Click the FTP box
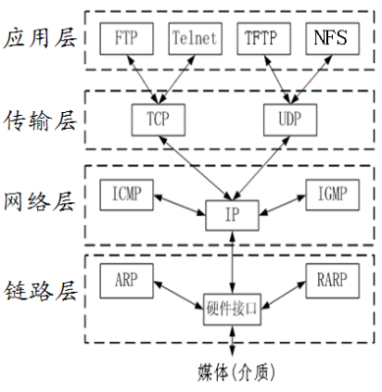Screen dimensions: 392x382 (127, 39)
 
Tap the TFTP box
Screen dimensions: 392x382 (263, 39)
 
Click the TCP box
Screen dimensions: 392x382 (158, 119)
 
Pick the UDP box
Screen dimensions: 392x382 (292, 119)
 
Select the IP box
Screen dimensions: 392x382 (232, 213)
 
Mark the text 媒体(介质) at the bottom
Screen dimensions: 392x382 (232, 372)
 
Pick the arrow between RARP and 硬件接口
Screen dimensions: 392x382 (284, 292)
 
